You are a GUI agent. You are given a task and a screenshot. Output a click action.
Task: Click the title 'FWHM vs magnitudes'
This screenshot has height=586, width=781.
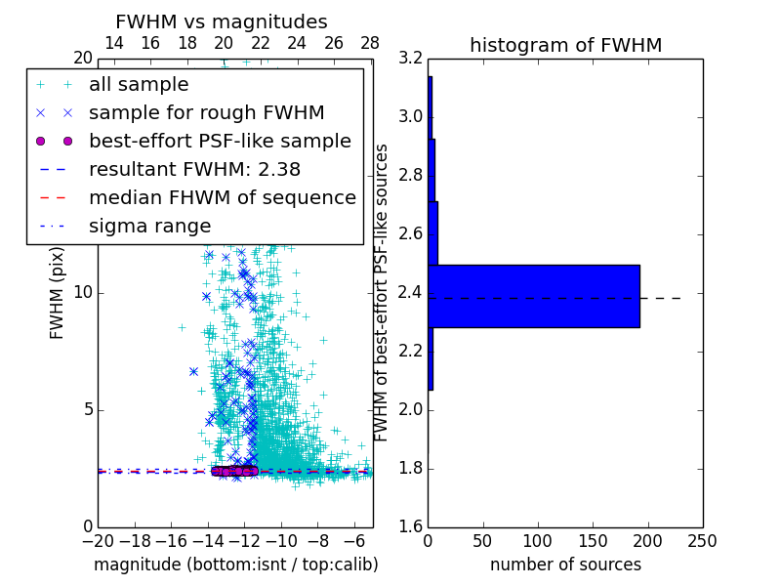[x=222, y=21]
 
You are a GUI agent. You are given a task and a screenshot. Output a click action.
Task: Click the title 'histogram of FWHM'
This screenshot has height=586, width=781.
[x=565, y=45]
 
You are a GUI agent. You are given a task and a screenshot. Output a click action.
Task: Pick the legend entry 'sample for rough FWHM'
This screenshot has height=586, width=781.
[x=206, y=113]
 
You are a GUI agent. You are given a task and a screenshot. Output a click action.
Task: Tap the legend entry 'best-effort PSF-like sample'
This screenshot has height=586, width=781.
[x=220, y=141]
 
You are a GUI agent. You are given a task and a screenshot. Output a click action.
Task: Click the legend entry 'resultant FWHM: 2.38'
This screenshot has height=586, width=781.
[x=194, y=169]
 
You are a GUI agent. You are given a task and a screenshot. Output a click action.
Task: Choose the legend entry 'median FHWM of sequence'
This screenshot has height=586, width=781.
[x=222, y=197]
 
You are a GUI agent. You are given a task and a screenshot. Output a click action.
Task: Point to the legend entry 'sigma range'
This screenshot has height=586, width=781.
[x=149, y=226]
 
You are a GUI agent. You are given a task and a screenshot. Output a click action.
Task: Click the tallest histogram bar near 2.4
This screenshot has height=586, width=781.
[x=534, y=296]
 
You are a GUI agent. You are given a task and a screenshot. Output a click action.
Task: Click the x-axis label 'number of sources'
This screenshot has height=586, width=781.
[x=565, y=565]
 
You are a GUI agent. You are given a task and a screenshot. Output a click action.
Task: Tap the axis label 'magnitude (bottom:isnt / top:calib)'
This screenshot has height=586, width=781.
[x=235, y=565]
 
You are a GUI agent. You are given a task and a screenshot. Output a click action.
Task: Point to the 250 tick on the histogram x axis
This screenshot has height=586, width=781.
[x=702, y=541]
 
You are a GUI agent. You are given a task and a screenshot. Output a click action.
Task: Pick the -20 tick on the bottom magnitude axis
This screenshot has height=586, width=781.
[x=97, y=541]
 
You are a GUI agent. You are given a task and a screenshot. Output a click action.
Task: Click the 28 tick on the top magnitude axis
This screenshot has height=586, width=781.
[x=370, y=44]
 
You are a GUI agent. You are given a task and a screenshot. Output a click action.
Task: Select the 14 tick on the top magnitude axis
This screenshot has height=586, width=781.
[x=113, y=44]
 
